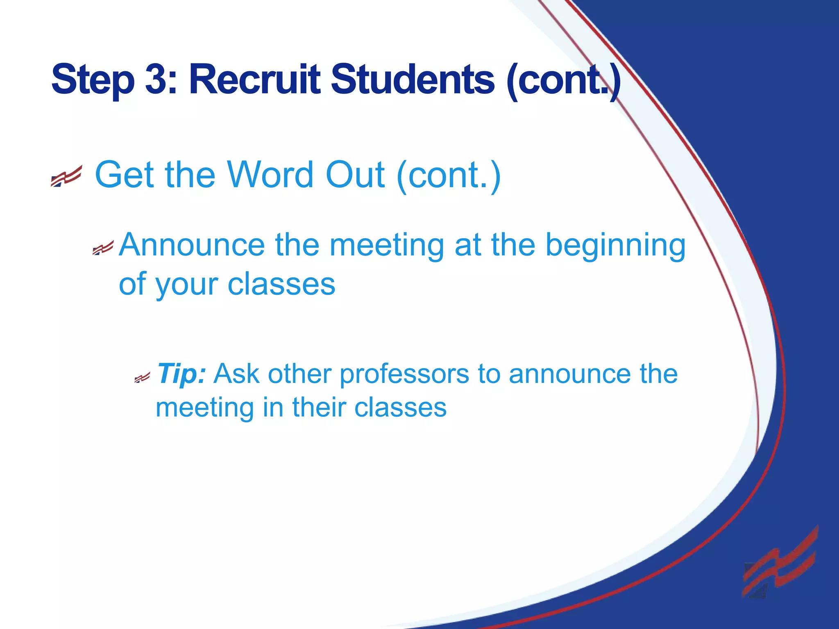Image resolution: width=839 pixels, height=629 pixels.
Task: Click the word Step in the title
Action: coord(93,79)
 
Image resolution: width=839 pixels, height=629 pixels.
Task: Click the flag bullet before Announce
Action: coord(103,248)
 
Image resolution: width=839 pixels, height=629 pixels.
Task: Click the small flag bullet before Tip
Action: coord(142,378)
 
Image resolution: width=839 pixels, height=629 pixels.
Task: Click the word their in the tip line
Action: coord(318,407)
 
